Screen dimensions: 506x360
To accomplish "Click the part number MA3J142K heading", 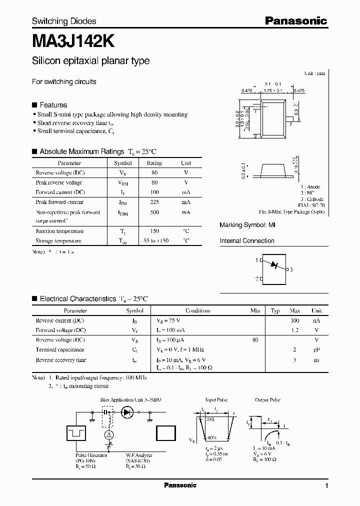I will pos(76,41).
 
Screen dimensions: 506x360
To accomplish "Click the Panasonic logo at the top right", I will pos(295,20).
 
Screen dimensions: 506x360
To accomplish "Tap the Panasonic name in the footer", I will pos(180,485).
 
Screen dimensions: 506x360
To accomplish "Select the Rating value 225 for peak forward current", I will pos(154,202).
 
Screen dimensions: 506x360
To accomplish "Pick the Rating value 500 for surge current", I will pos(154,212).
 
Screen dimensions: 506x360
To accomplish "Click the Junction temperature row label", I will pos(59,231).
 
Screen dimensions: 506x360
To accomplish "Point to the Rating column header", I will pos(154,163).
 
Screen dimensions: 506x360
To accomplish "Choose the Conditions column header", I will pos(197,310).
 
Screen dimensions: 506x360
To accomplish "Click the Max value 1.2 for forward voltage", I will pos(295,330).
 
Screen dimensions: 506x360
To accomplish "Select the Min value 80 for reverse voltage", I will pos(255,339).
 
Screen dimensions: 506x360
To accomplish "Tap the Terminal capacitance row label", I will pos(60,349).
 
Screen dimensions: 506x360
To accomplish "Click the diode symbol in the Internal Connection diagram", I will pos(273,264).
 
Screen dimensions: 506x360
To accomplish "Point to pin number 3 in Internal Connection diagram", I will pos(291,269).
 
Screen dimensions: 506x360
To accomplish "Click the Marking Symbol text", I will pos(247,225).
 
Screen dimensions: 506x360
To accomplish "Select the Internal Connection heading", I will pos(247,240).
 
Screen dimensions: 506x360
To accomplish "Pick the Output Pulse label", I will pos(268,400).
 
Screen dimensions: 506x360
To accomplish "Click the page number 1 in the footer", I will pos(326,486).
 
